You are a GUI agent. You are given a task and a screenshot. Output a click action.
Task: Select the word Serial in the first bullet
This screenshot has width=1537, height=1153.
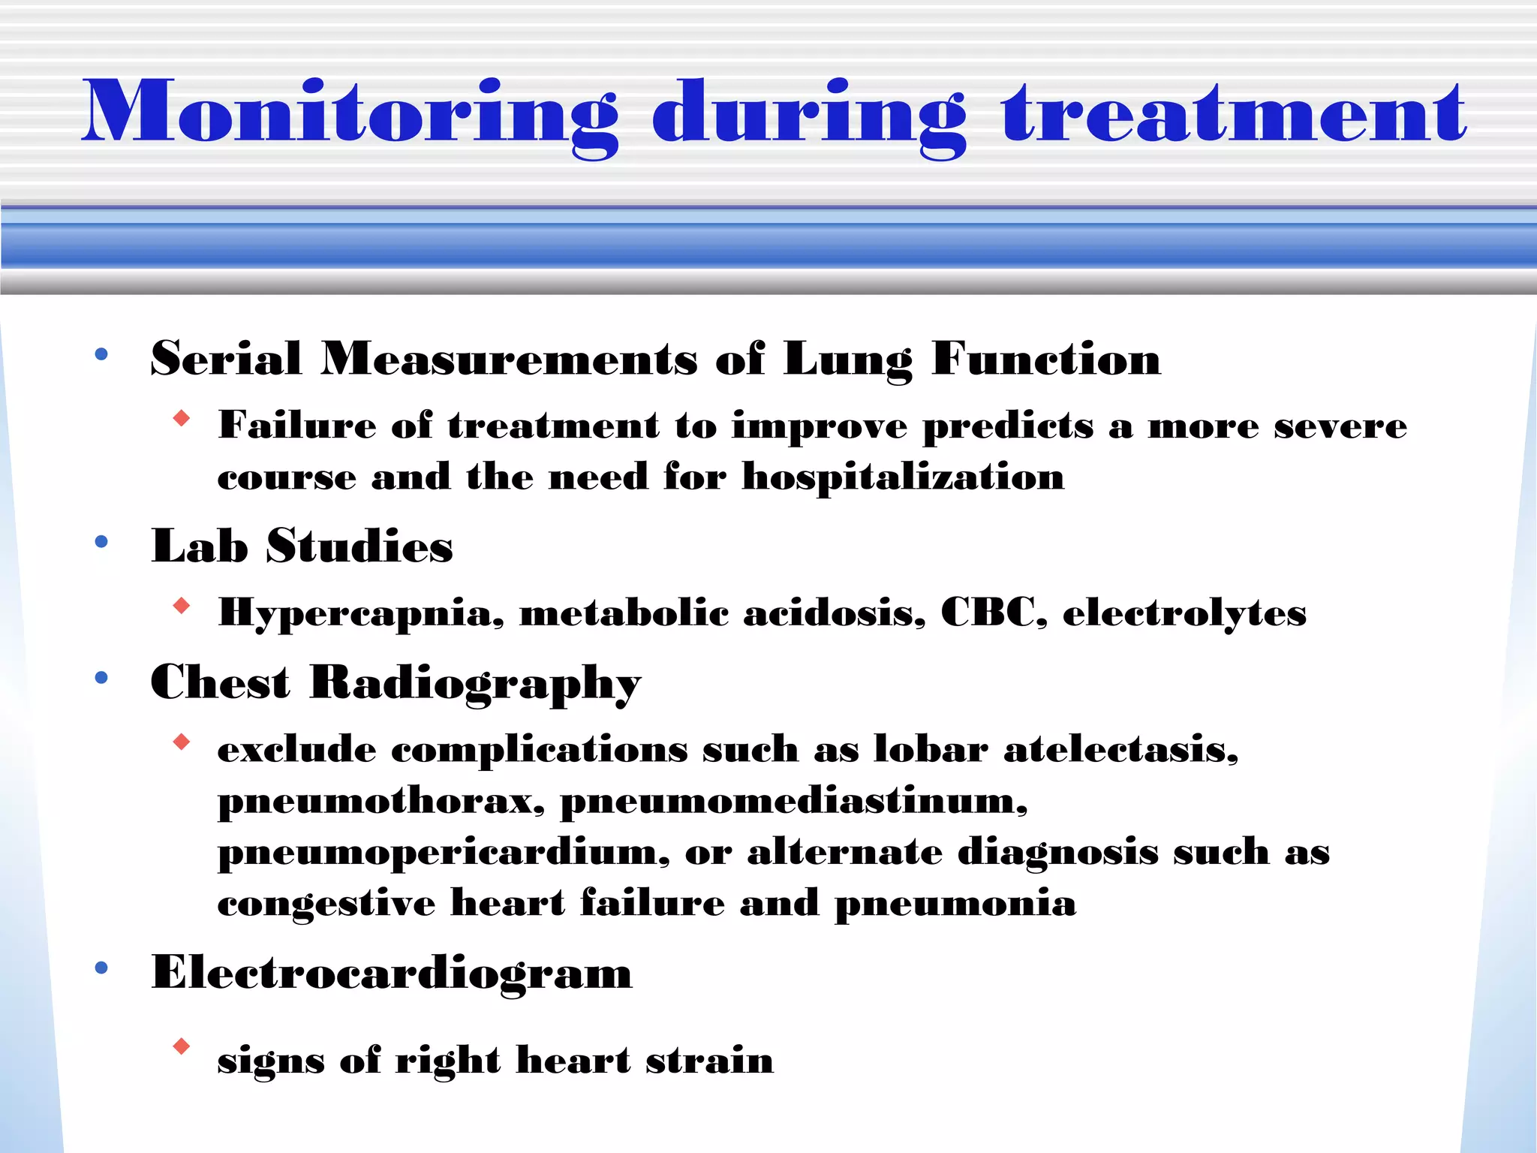click(226, 358)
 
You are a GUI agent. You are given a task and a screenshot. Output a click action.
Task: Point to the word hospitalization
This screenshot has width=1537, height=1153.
click(903, 477)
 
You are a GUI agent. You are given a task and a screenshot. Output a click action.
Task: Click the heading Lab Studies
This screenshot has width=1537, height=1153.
click(302, 546)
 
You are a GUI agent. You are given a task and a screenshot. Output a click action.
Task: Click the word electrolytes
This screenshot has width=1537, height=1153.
click(1184, 614)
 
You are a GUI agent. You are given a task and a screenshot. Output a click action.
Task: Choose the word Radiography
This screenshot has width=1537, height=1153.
click(475, 684)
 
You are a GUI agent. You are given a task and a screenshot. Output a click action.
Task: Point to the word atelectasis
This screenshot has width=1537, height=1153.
click(1120, 749)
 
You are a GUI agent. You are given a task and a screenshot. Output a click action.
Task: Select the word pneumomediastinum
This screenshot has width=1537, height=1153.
click(793, 801)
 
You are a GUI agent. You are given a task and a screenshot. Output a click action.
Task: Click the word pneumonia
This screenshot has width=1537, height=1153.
click(955, 904)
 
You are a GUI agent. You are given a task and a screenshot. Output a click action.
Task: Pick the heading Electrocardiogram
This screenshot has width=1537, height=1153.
click(392, 974)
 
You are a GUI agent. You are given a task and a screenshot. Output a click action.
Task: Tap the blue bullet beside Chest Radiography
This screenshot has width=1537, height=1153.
click(101, 679)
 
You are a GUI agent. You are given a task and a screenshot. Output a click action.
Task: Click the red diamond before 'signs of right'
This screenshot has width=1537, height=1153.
click(181, 1046)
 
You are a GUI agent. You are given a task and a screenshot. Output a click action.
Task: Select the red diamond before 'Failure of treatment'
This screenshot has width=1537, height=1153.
click(181, 418)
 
